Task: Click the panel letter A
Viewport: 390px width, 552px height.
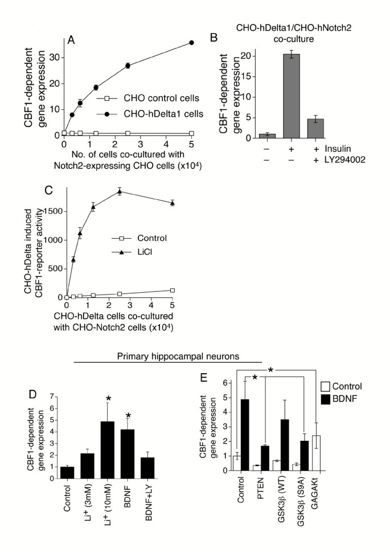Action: [72, 39]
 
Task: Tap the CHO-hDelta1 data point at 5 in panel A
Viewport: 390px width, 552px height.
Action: [192, 43]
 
